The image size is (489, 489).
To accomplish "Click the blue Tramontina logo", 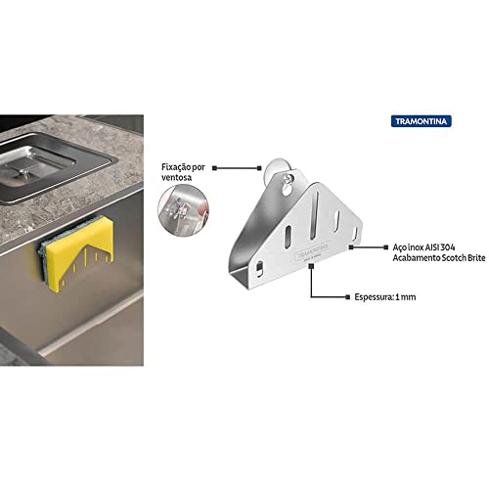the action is [422, 121].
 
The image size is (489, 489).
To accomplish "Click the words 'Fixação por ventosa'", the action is [183, 172].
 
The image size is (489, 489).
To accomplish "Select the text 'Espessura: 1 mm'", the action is [385, 297].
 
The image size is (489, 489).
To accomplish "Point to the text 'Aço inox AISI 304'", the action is [423, 247].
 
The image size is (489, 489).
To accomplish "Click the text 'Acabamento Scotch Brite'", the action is [439, 258].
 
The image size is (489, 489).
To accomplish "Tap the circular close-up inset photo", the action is [183, 210].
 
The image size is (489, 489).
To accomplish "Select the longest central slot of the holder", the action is [315, 215].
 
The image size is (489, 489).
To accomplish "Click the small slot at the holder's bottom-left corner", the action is [259, 268].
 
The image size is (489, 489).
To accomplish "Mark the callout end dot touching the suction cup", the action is [259, 168].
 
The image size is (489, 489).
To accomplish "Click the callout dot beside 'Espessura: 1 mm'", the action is [347, 297].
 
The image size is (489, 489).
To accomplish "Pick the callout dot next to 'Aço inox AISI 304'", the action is [386, 247].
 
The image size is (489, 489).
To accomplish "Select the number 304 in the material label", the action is [448, 247].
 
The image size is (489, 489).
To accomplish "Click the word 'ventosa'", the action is [176, 178].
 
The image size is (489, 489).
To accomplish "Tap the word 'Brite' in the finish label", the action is [476, 258].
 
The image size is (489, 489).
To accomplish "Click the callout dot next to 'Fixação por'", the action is [214, 168].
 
